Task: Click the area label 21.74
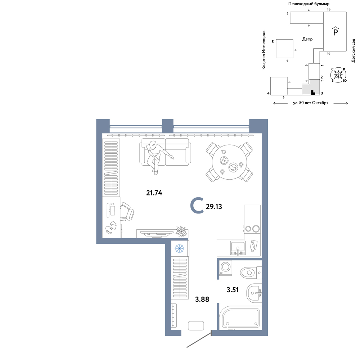[154, 193]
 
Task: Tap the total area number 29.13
[214, 207]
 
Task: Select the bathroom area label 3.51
[232, 290]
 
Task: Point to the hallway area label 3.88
[202, 299]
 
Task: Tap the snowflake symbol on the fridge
[179, 248]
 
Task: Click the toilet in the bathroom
[251, 273]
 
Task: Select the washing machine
[225, 268]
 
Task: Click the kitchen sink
[238, 248]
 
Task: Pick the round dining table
[229, 162]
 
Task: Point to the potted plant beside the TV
[181, 231]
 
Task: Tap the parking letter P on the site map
[336, 31]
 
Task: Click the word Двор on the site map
[307, 39]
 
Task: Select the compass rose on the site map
[338, 75]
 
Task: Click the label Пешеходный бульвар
[309, 4]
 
